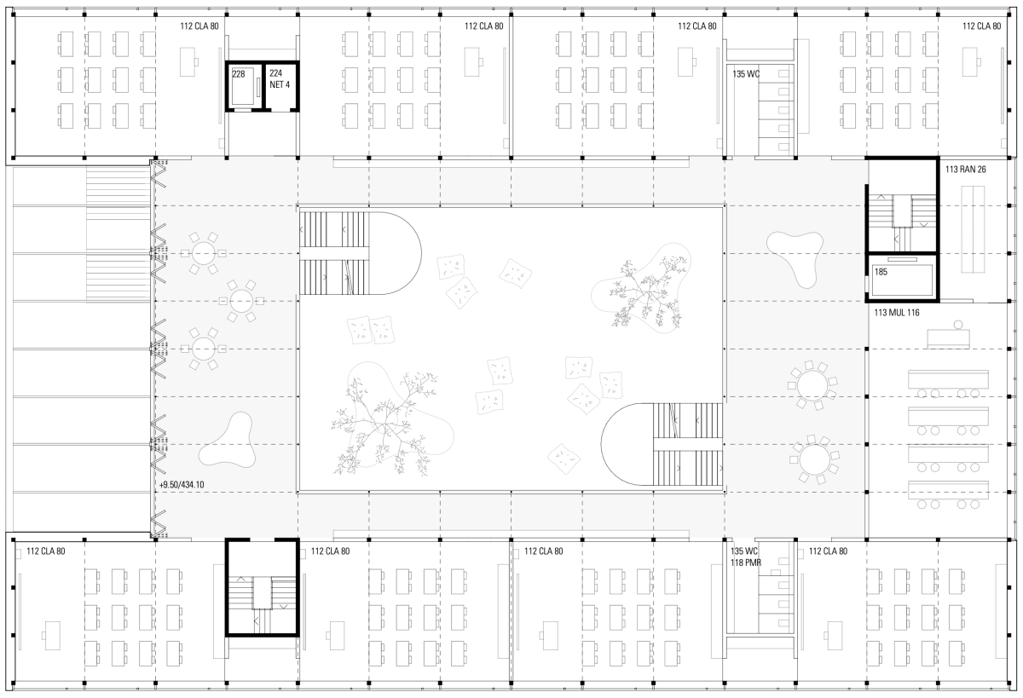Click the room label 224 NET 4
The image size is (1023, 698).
pos(280,79)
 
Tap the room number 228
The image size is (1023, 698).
pos(239,74)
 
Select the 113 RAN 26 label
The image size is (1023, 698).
pos(965,170)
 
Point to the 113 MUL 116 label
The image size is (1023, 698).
pos(897,313)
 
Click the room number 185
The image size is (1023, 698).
pos(881,272)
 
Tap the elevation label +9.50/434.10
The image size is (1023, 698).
pos(182,485)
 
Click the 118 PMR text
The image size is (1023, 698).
pos(746,562)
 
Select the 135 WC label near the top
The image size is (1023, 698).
pos(746,74)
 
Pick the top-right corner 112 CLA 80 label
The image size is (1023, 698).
pos(981,26)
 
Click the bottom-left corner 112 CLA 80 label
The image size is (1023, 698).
pos(46,551)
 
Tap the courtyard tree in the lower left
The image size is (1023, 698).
pos(384,422)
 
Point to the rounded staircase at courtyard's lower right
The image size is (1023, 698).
pos(662,444)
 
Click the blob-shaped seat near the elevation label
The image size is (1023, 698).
pos(227,440)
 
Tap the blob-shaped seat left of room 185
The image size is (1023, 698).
pos(795,258)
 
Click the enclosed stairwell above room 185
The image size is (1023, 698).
pos(902,205)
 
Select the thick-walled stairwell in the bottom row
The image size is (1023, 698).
pos(263,587)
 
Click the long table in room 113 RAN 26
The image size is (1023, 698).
pos(973,229)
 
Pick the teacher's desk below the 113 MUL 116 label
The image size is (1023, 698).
pos(949,338)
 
